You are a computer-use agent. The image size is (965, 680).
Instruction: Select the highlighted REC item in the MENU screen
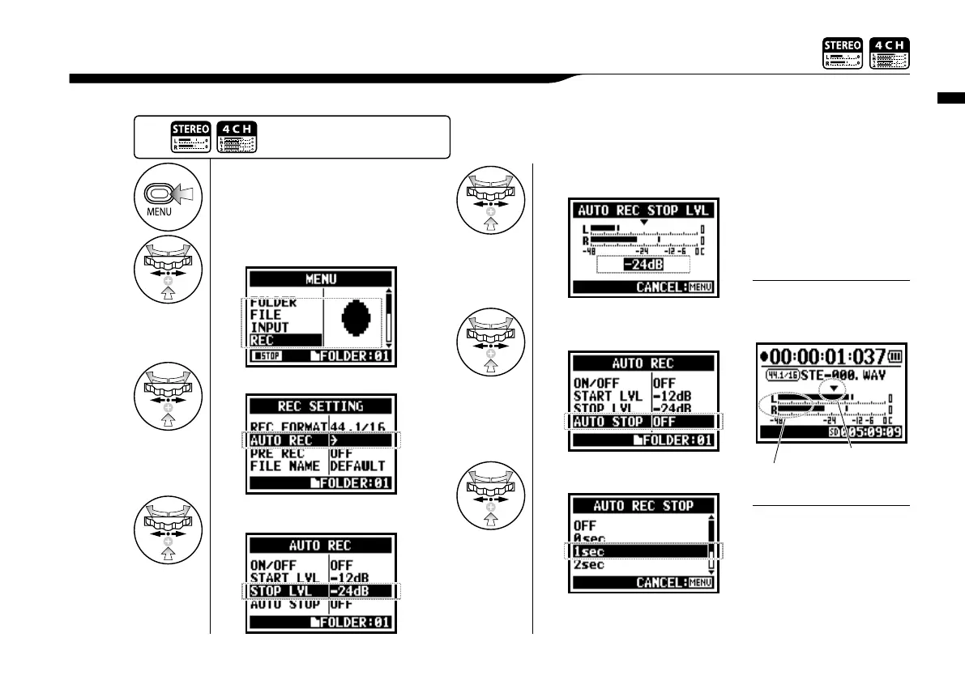[x=267, y=340]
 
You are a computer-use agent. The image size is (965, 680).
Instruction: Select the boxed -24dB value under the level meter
[x=643, y=265]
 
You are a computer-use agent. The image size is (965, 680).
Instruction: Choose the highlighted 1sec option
[x=591, y=551]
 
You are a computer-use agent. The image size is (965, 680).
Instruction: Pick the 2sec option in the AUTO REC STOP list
[x=590, y=564]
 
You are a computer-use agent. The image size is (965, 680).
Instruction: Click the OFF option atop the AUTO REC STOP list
[x=585, y=525]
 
